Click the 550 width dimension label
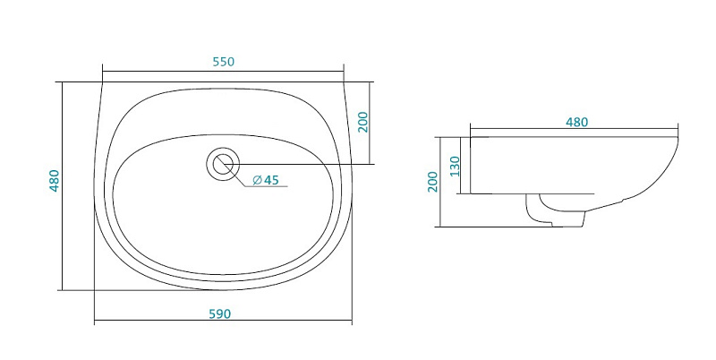coord(223,62)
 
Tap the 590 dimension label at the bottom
coord(220,313)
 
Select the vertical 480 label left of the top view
coord(55,181)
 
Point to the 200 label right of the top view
coord(362,122)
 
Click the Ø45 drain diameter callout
coord(265,180)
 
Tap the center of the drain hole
coord(223,164)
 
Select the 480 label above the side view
coord(576,122)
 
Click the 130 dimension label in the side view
coord(455,167)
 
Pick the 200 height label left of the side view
coord(433,182)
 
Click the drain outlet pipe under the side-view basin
coord(555,210)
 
